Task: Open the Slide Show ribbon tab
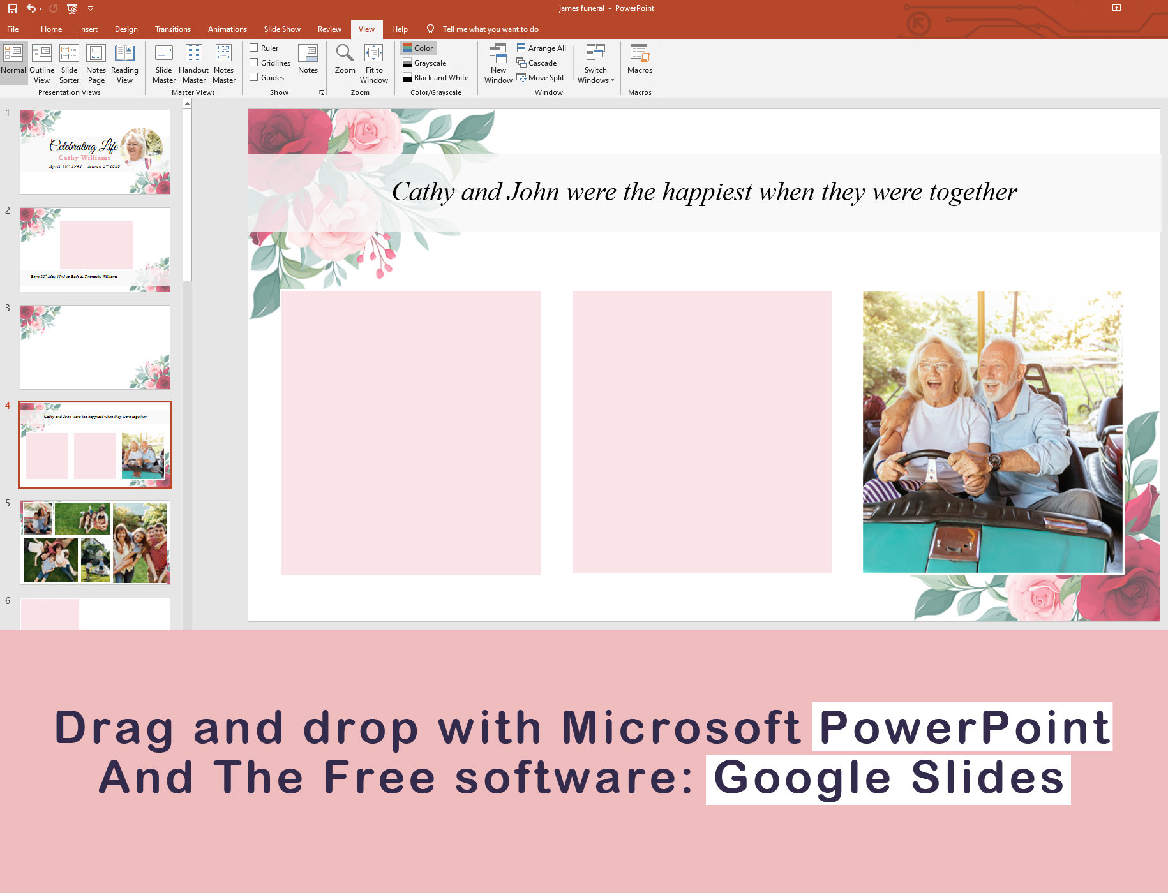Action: [282, 29]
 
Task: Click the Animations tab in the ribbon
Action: [227, 29]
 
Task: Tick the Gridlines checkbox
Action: [254, 63]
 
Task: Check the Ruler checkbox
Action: [254, 48]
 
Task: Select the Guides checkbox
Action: [254, 77]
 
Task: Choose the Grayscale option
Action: [430, 63]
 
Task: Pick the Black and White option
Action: [440, 78]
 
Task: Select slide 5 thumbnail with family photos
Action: [95, 542]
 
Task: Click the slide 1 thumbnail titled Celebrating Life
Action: [95, 152]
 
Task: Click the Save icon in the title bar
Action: [12, 9]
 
